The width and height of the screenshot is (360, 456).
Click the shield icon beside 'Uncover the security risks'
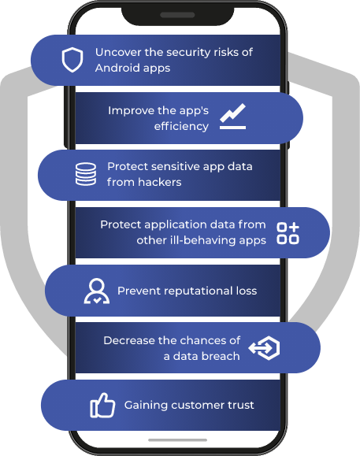coord(72,60)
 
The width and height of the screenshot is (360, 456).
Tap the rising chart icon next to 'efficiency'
coord(232,117)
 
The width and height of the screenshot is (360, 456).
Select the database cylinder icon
coord(86,174)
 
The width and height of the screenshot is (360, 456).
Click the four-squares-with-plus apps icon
coord(288,233)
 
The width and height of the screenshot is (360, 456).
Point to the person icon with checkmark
coord(97,291)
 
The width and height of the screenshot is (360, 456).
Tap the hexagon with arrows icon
coord(264,348)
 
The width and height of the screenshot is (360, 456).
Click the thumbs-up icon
coord(102,406)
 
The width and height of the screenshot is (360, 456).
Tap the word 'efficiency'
coord(181,126)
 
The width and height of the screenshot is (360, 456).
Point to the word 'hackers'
coord(159,182)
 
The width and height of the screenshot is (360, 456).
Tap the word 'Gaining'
coord(146,405)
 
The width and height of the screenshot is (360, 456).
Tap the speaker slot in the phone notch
coord(177,15)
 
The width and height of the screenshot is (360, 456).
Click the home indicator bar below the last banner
coord(177,440)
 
